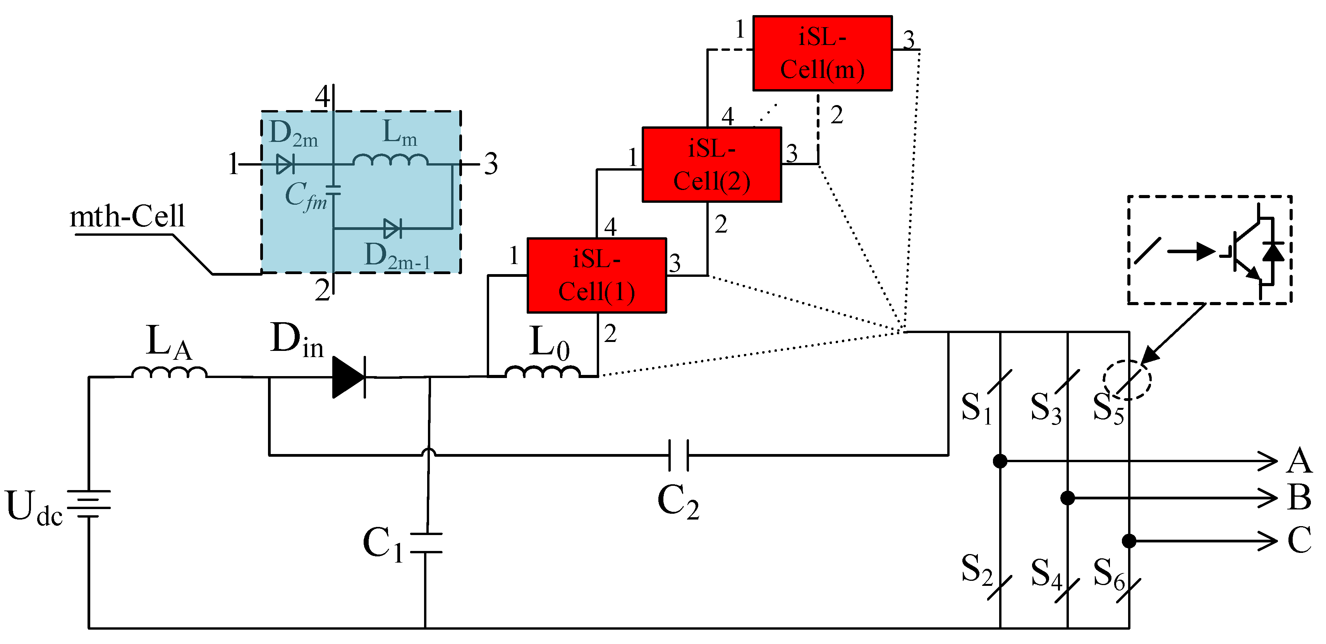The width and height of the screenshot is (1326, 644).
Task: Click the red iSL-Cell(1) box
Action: (597, 276)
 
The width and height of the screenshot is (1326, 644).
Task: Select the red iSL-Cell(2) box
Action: (712, 165)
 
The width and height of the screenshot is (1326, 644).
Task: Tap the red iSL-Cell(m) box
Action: (822, 54)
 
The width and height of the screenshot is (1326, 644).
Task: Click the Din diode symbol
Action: (349, 377)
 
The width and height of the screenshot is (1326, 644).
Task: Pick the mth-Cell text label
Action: (127, 216)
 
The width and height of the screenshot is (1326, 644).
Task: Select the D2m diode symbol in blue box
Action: (285, 164)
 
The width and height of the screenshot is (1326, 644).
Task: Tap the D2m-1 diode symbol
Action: (392, 228)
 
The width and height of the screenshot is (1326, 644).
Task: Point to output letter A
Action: (1299, 461)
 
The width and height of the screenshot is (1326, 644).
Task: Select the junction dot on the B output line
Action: (1068, 498)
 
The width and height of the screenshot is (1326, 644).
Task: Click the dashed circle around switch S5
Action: (1127, 380)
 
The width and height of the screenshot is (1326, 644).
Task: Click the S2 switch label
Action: (976, 569)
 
